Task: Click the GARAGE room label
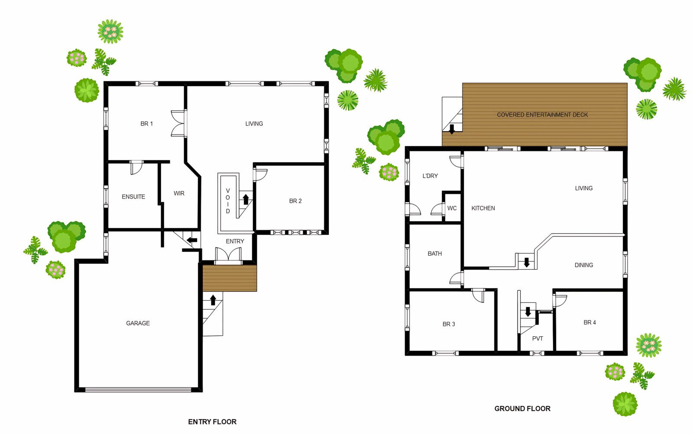coord(138,323)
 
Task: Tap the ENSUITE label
coord(133,197)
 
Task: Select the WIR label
coord(179,193)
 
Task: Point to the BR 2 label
coord(295,201)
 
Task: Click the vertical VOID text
coord(228,201)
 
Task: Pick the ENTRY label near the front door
coord(235,241)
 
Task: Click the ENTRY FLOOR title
coord(212,422)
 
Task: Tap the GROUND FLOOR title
coord(522,408)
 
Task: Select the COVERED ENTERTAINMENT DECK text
coord(542,115)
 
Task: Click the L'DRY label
coord(430,176)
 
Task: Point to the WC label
coord(452,208)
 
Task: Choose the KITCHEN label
coord(483,208)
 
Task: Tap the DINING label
coord(584,265)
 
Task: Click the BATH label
coord(435,254)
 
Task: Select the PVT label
coord(538,338)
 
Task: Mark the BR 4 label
coord(589,323)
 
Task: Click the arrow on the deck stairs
coord(452,129)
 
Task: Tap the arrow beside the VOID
coord(246,199)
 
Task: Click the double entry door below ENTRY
coord(228,255)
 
